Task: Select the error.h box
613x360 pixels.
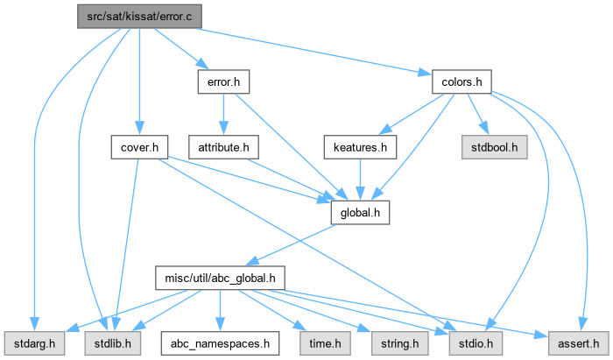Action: tap(219, 82)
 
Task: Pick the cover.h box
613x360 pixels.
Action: tap(139, 147)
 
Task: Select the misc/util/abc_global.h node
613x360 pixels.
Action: tap(220, 278)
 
